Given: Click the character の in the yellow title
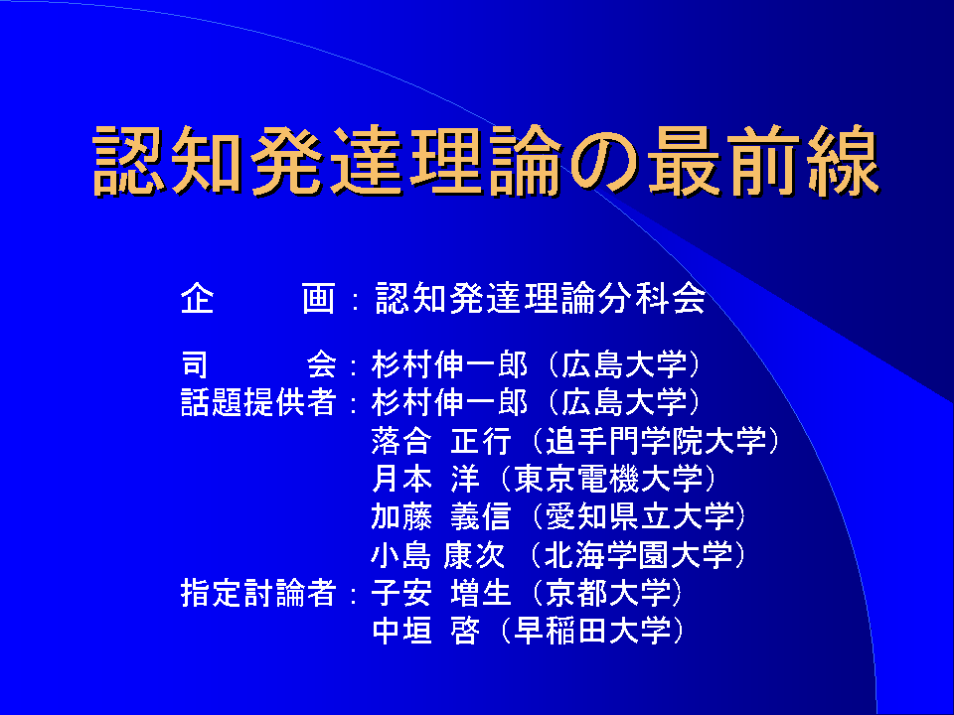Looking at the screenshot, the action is (x=602, y=162).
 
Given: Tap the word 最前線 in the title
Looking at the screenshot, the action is (x=763, y=161).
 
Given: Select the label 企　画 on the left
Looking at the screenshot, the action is (x=258, y=298).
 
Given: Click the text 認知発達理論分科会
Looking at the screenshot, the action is (x=541, y=298).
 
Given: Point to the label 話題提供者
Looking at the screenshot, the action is (x=258, y=402).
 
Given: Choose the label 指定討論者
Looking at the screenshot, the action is (x=258, y=593).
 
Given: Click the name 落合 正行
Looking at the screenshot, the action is (x=441, y=441).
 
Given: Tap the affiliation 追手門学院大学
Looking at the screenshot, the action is (x=656, y=441).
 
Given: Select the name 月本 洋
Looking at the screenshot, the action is (x=425, y=479).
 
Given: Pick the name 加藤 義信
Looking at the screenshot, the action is (x=441, y=516).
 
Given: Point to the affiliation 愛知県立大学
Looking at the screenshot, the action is (x=640, y=516).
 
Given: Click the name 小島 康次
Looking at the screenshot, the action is (x=438, y=555).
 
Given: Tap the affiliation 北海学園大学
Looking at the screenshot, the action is (x=638, y=555).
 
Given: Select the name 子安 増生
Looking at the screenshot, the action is (x=441, y=593).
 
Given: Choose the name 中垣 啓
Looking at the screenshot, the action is (x=425, y=632).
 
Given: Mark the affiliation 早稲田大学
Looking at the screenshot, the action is (x=592, y=632).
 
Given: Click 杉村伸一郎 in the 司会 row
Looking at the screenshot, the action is (x=449, y=364).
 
